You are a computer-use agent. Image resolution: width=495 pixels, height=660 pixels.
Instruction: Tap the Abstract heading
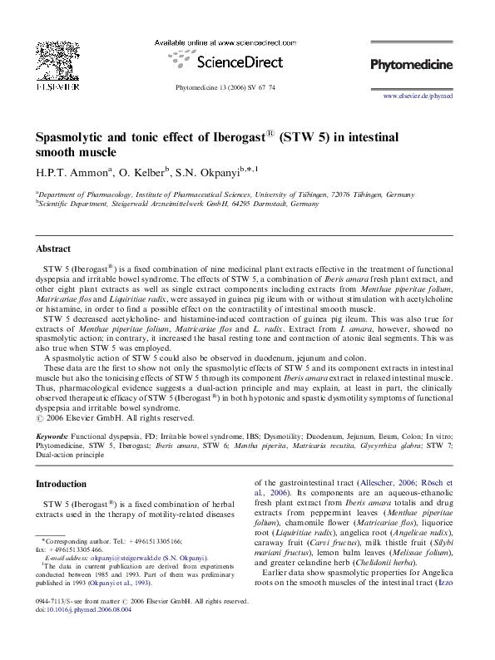pos(53,249)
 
